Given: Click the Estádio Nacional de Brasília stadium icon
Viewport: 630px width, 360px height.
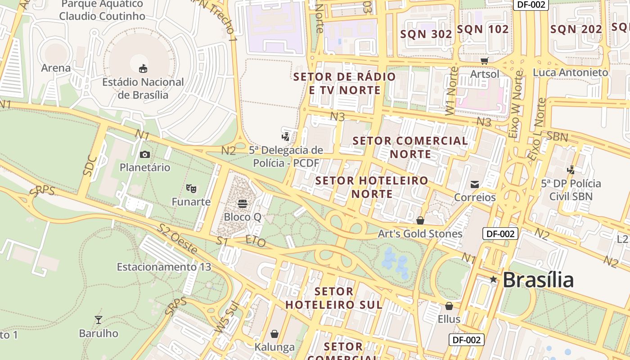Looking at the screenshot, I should pos(143,68).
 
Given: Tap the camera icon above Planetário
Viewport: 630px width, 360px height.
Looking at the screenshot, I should pos(145,154).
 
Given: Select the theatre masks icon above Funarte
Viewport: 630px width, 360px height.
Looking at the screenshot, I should pos(191,188).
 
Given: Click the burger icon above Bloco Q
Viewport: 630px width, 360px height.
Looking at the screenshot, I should pos(242,203).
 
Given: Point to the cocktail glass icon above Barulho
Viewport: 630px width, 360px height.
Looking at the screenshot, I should pos(99,320).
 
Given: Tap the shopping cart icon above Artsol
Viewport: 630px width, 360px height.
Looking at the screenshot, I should pos(484,60).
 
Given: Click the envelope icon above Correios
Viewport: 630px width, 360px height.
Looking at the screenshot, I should pos(475,184).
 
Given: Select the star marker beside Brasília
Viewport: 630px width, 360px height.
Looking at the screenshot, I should pos(493,279).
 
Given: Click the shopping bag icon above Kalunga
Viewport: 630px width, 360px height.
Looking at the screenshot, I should pos(274,334).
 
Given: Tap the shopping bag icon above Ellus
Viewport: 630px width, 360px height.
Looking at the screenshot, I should pos(449,306).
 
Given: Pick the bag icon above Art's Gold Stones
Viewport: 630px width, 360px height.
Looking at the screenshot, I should pos(420,220).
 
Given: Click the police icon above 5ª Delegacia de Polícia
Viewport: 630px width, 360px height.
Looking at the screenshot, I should pos(285,136).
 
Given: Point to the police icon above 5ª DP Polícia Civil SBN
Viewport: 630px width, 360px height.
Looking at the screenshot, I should pos(571,170).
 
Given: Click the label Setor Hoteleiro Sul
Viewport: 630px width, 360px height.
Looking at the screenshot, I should pos(334,298).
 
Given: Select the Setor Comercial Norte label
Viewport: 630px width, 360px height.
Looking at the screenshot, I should pos(410,147).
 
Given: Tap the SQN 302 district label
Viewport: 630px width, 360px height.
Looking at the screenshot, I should pos(426,34).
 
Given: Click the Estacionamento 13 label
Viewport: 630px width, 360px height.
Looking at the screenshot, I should pos(164,267).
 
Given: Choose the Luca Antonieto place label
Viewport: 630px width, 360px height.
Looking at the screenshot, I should pos(570,72).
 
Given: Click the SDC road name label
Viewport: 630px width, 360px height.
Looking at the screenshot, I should pos(90,165).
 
